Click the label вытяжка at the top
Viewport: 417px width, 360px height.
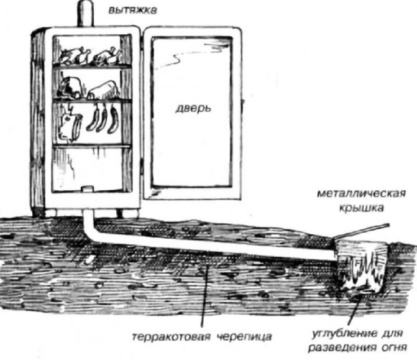pyautogui.click(x=133, y=11)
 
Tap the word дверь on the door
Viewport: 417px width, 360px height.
pyautogui.click(x=193, y=108)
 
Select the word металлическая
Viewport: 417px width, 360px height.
pyautogui.click(x=362, y=193)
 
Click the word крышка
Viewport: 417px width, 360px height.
pyautogui.click(x=361, y=208)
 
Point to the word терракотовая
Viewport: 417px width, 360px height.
pyautogui.click(x=172, y=337)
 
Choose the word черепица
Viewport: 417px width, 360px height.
pyautogui.click(x=245, y=337)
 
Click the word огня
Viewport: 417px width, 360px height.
pyautogui.click(x=395, y=348)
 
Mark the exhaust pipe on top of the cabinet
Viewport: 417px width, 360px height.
pyautogui.click(x=85, y=13)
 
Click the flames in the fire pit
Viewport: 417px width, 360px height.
pyautogui.click(x=364, y=271)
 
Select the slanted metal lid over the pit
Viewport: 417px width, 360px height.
pyautogui.click(x=362, y=231)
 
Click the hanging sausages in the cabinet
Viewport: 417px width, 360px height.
pyautogui.click(x=102, y=119)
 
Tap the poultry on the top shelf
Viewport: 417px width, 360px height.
pyautogui.click(x=89, y=56)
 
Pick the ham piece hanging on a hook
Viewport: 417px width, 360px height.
pyautogui.click(x=70, y=125)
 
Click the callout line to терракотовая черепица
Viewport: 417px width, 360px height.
pyautogui.click(x=204, y=296)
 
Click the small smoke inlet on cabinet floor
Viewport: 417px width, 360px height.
pyautogui.click(x=87, y=189)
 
